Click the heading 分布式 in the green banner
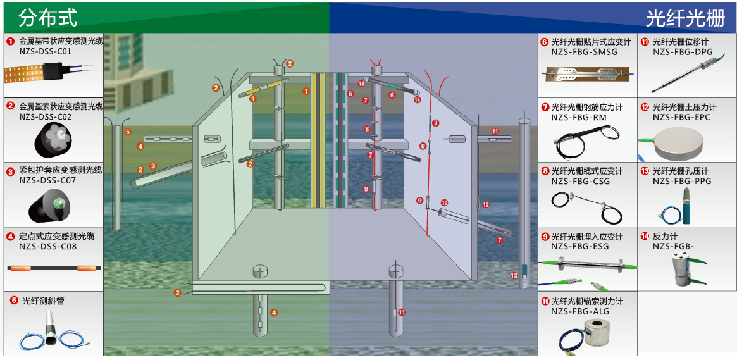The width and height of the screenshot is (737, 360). click(x=48, y=18)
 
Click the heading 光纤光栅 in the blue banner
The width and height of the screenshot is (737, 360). click(x=684, y=18)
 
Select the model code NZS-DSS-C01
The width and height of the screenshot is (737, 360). click(x=46, y=52)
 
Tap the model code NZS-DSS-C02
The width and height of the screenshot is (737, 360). click(x=46, y=116)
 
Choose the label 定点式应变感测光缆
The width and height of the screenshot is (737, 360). click(x=57, y=236)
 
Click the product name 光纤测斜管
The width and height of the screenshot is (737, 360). click(x=43, y=301)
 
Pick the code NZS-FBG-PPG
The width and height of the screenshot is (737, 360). click(x=682, y=181)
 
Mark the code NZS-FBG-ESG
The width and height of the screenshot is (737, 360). click(x=580, y=247)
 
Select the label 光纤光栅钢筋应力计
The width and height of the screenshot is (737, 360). click(x=587, y=108)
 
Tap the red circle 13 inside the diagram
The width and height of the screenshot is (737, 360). click(x=514, y=276)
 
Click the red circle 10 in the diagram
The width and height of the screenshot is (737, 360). click(x=444, y=203)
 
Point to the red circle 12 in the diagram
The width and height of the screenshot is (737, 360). click(x=485, y=205)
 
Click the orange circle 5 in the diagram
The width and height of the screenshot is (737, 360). click(x=128, y=132)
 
